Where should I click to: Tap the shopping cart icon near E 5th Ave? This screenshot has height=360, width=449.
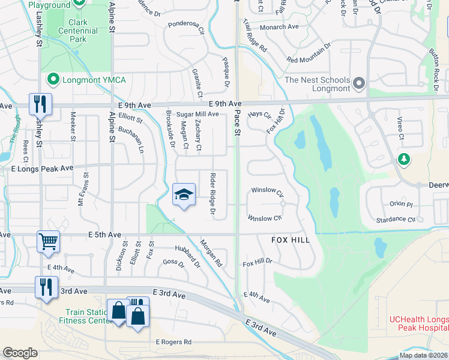point(48,242)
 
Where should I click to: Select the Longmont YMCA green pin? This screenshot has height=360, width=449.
point(53,79)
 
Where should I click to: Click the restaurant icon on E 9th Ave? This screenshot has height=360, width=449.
point(40,104)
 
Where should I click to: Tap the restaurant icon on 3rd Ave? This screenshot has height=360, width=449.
point(46,287)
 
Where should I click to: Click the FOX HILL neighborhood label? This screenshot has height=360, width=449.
point(291,240)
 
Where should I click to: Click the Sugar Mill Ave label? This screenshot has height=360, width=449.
point(197,114)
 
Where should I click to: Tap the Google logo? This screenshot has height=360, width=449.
point(20,352)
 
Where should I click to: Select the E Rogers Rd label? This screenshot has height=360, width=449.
point(173,342)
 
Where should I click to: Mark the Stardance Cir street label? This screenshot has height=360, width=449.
point(394,220)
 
